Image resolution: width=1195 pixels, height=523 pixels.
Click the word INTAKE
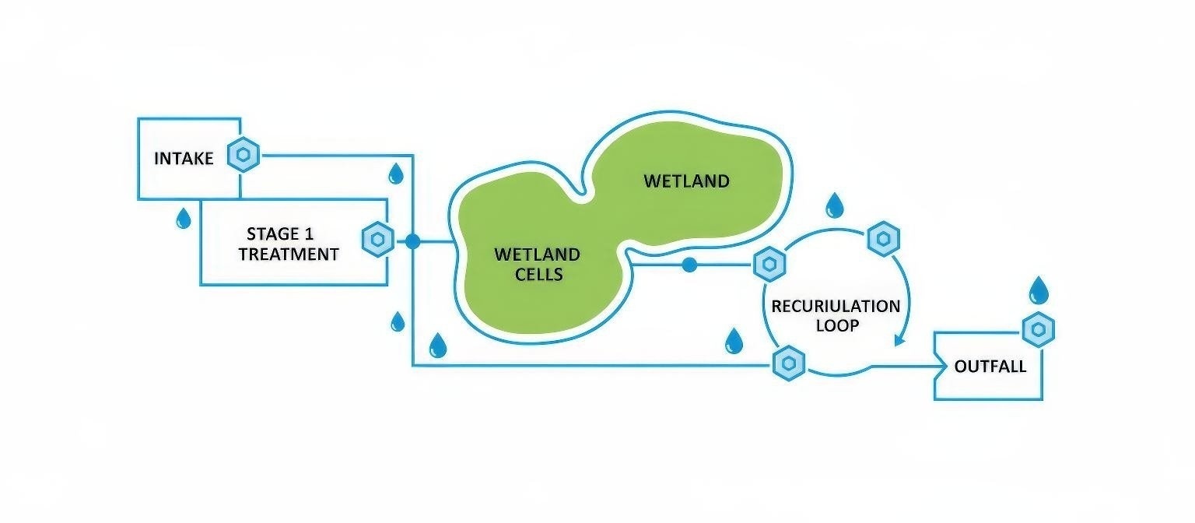[x=183, y=159]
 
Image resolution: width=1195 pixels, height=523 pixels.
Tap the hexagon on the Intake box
[x=243, y=156]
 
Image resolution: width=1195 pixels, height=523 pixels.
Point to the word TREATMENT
[x=289, y=254]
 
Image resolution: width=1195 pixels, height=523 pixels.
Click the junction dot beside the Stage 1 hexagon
[x=412, y=241]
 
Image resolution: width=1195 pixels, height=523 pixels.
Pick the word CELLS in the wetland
[x=537, y=274]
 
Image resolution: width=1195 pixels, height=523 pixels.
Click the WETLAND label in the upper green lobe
[x=686, y=181]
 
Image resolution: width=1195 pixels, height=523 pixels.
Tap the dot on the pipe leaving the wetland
[x=689, y=265]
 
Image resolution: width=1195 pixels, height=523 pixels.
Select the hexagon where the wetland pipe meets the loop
[x=769, y=265]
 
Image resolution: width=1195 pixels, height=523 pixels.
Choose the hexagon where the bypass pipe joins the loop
[x=788, y=363]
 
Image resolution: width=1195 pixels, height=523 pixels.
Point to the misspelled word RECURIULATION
[x=836, y=306]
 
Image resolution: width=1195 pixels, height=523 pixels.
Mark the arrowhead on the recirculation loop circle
[x=901, y=339]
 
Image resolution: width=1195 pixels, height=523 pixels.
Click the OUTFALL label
[x=990, y=367]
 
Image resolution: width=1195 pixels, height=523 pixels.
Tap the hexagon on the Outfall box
[x=1037, y=331]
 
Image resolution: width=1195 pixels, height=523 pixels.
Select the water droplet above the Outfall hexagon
[x=1039, y=290]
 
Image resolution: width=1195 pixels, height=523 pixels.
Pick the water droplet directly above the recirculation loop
[x=835, y=205]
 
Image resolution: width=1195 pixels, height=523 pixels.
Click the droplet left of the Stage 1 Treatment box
[x=183, y=218]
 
